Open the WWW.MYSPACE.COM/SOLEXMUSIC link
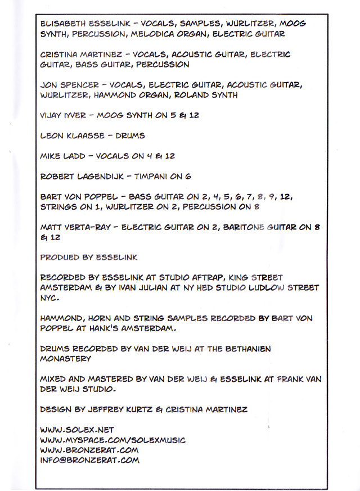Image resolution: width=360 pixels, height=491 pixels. coord(112,440)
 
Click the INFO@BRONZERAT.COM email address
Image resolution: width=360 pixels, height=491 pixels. coord(89,460)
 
